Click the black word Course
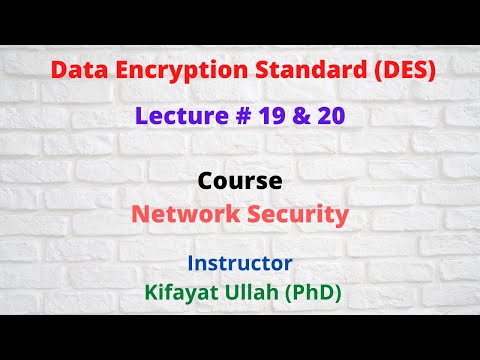click(x=240, y=182)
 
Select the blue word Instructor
click(x=240, y=263)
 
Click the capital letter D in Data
click(x=58, y=72)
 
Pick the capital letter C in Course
click(x=206, y=182)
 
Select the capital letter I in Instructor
click(x=191, y=263)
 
